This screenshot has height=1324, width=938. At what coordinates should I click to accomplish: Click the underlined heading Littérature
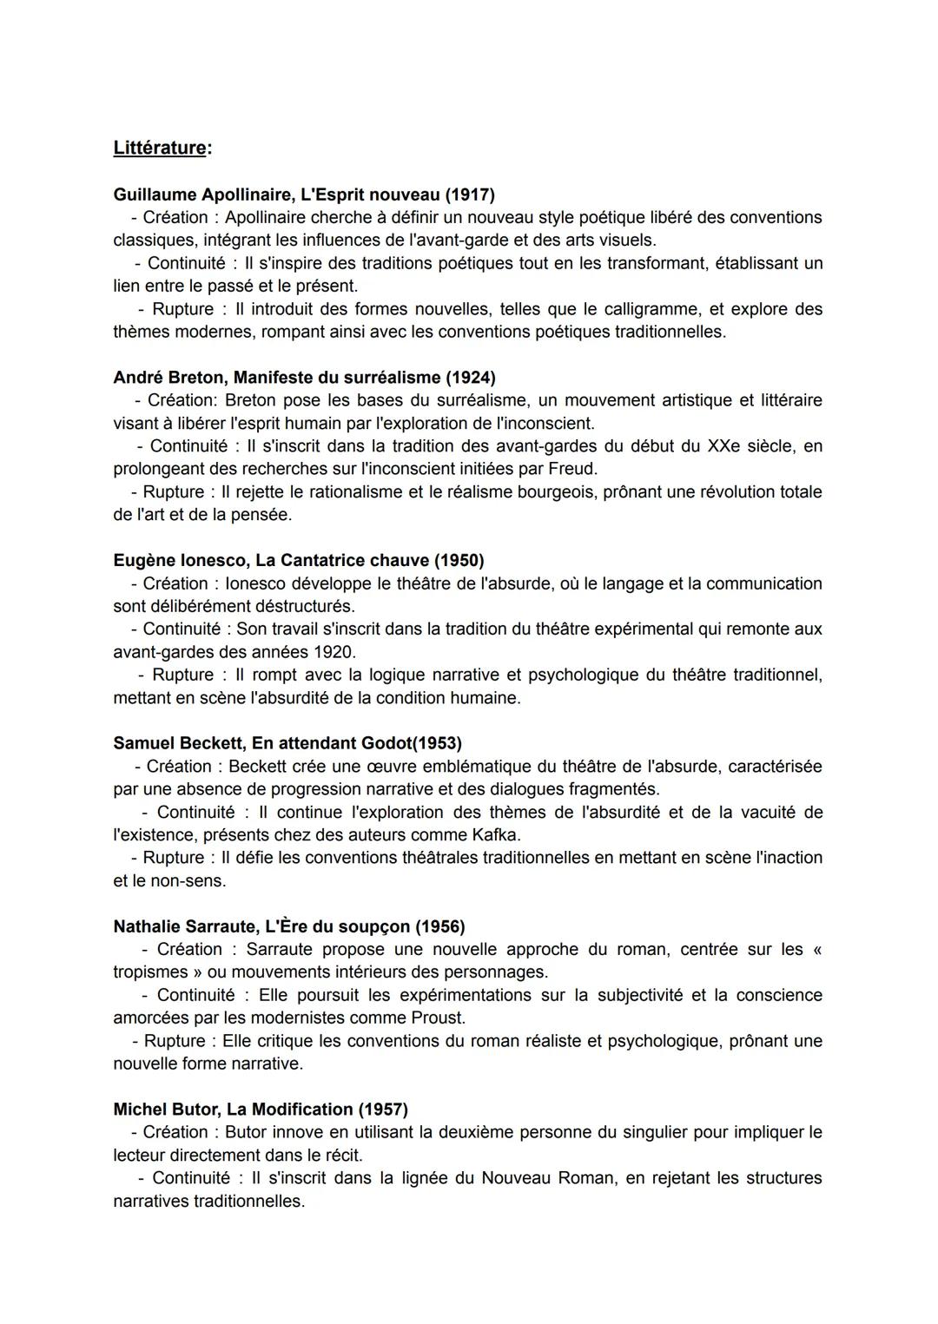click(161, 148)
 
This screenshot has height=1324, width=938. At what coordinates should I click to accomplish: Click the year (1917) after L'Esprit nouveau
click(470, 194)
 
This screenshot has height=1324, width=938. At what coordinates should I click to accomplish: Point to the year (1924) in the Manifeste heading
click(470, 378)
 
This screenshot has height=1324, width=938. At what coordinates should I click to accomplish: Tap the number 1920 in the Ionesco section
click(336, 652)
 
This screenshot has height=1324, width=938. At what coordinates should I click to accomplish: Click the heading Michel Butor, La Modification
click(233, 1110)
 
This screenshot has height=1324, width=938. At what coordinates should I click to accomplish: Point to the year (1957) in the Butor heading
click(383, 1110)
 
